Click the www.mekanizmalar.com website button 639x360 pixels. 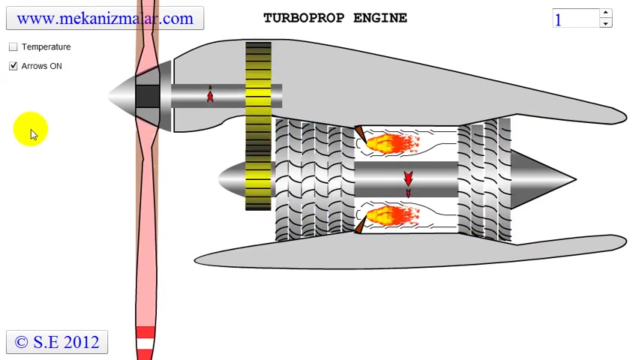tap(104, 19)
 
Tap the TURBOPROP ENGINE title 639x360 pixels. tap(334, 18)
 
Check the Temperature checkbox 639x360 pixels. tap(13, 46)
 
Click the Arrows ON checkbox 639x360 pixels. tap(13, 66)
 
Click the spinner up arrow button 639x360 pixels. tap(605, 13)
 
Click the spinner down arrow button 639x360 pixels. tap(605, 23)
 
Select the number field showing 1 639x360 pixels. tap(575, 19)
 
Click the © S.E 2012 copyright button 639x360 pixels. tap(57, 342)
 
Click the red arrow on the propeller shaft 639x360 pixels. tap(210, 95)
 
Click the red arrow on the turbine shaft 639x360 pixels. tap(408, 180)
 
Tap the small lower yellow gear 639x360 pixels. tap(258, 180)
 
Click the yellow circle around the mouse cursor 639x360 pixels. tap(30, 129)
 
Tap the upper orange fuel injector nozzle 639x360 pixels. tap(359, 134)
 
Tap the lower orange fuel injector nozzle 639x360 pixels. tap(359, 225)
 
